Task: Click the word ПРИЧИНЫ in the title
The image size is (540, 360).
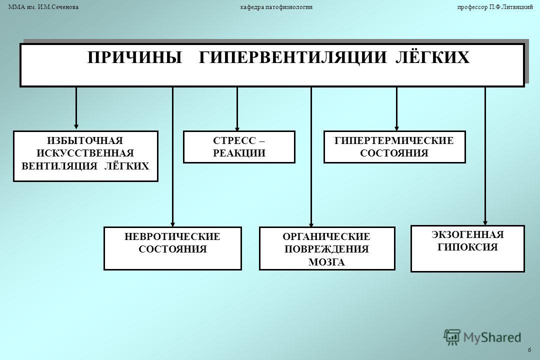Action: [134, 57]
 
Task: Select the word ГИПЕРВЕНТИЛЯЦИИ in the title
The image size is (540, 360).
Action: [292, 57]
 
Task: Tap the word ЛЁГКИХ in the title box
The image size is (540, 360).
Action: [432, 57]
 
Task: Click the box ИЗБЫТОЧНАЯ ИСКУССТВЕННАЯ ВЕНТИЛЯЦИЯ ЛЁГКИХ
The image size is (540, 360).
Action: [85, 156]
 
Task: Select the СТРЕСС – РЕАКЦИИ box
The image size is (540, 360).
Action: [239, 147]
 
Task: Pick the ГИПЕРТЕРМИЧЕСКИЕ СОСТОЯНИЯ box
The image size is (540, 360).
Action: [394, 147]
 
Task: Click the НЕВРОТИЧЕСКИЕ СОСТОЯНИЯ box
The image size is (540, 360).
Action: [172, 248]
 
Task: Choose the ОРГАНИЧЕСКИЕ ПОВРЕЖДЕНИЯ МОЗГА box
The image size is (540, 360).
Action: [327, 248]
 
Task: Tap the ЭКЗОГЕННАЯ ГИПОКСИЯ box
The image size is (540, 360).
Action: [467, 248]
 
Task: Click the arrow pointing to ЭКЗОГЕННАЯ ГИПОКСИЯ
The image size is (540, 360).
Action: [485, 156]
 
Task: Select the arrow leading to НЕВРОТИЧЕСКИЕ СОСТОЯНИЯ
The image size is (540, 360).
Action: [173, 156]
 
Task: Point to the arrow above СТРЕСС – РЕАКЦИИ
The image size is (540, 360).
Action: [237, 109]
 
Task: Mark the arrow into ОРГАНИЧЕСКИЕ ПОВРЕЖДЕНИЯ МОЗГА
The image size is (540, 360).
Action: [311, 156]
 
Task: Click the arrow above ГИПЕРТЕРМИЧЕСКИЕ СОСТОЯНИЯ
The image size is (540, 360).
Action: [396, 109]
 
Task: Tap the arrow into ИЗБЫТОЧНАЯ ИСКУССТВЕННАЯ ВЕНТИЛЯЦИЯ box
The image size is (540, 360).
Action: [76, 108]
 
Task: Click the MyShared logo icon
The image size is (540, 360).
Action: [452, 337]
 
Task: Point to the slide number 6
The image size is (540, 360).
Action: [529, 350]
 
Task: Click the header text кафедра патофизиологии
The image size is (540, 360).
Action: [276, 7]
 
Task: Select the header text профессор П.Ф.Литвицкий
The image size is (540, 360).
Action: [495, 7]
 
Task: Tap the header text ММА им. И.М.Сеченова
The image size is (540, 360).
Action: [43, 7]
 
